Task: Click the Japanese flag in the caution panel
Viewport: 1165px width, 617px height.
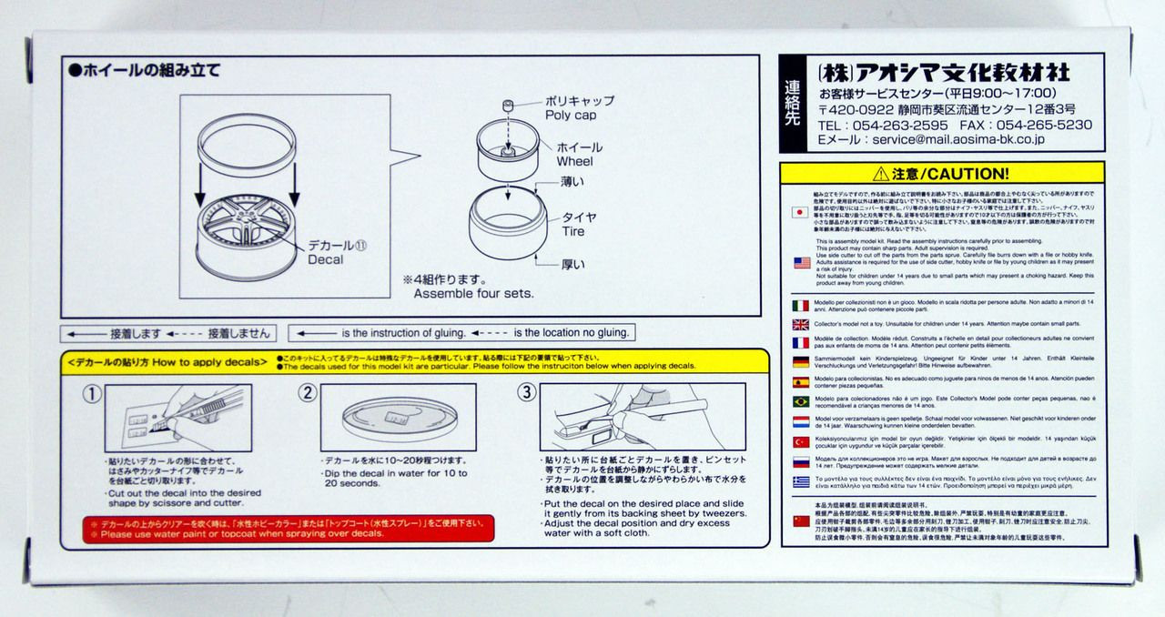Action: point(801,211)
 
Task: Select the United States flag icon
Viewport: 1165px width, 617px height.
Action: point(801,262)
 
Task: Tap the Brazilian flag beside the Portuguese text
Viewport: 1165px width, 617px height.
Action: point(801,400)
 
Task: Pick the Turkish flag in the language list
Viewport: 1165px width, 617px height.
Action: point(801,441)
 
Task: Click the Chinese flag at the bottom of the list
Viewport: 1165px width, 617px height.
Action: point(801,521)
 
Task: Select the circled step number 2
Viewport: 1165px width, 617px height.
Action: point(309,393)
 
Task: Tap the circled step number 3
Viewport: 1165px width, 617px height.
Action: point(526,393)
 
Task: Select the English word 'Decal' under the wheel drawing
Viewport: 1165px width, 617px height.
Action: point(325,259)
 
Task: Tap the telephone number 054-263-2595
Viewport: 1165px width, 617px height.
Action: point(870,125)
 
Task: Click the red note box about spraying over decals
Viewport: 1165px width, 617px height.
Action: point(289,529)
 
